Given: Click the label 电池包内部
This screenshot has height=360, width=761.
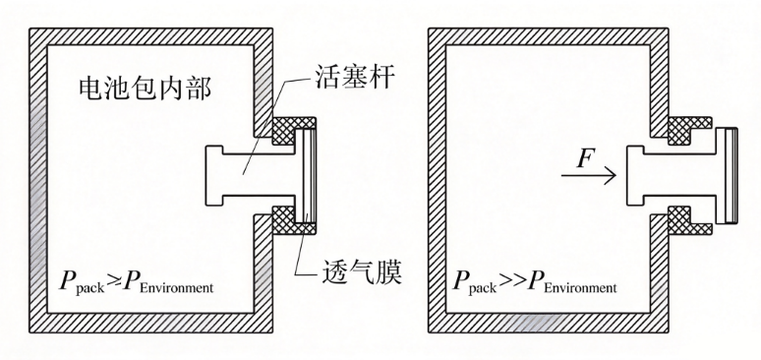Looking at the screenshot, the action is pos(146,89).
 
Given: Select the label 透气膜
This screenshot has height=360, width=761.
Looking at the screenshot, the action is pos(361,273).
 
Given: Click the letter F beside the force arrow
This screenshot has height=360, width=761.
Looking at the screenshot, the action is pos(586,159).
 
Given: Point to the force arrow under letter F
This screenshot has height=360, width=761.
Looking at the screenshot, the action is pos(589,175).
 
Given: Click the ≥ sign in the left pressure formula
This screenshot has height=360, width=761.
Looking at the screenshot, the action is pos(113,281).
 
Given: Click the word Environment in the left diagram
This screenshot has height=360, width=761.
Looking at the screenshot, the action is pos(177,287).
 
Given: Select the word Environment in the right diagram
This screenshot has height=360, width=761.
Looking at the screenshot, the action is pos(580,287).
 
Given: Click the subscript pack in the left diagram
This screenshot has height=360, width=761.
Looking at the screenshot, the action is pos(90,288).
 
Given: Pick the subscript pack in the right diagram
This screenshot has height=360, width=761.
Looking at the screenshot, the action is pos(484,288).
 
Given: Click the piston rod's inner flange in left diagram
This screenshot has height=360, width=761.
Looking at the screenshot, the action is pos(214,175).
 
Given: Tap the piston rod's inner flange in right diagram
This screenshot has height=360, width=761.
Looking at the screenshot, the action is pos(635,175).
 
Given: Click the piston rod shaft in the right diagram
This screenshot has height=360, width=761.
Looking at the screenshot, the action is pos(679,175).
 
